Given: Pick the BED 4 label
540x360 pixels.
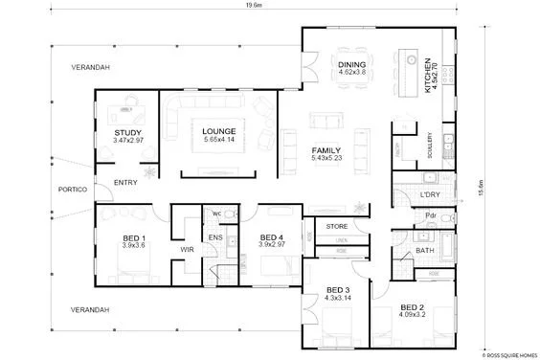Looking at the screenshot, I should click(x=272, y=240).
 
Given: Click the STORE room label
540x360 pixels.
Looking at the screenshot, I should click(x=335, y=226).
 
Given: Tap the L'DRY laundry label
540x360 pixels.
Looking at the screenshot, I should click(x=428, y=195).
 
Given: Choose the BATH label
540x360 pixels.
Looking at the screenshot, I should click(x=425, y=251).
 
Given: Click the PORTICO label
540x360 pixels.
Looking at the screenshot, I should click(x=73, y=189).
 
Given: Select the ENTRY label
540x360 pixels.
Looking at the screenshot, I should click(x=124, y=182).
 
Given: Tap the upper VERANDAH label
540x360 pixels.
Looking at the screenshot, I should click(x=92, y=68).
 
